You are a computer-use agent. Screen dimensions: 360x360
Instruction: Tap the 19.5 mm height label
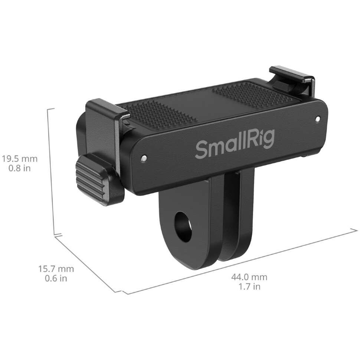(x=20, y=158)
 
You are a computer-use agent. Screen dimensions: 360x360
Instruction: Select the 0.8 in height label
(x=20, y=168)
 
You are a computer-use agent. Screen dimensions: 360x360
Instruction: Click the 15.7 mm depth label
(x=56, y=269)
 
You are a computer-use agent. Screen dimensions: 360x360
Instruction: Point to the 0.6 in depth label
(x=56, y=278)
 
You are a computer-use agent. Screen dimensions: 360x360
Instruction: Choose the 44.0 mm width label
(x=249, y=277)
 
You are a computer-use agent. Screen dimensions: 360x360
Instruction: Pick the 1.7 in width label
(x=249, y=287)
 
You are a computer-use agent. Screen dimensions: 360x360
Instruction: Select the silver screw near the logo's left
(x=144, y=158)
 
